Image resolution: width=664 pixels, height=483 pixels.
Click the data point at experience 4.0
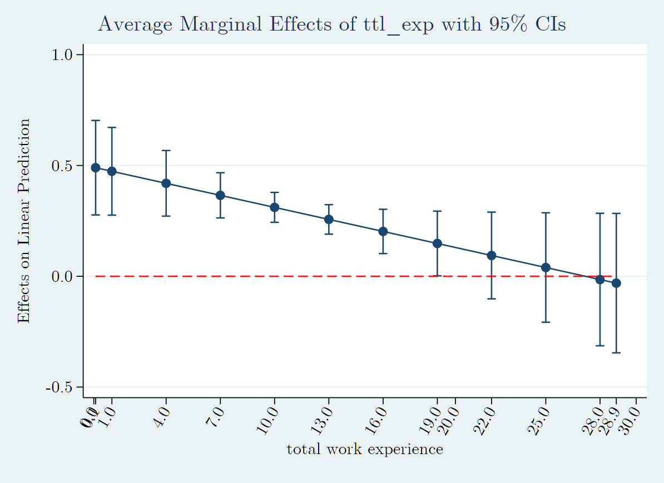tap(166, 183)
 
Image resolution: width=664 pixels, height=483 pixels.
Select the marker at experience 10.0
tap(274, 207)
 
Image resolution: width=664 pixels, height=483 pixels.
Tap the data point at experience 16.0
tap(383, 231)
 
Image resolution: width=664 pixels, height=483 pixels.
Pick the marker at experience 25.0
tap(546, 267)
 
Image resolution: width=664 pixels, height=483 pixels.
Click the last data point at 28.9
tap(616, 283)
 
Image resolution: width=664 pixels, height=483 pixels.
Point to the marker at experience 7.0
tap(220, 195)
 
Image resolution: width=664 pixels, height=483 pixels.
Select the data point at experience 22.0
tap(492, 256)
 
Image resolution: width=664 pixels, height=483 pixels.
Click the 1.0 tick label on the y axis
tap(63, 55)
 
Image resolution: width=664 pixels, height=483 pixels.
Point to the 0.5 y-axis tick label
tap(63, 166)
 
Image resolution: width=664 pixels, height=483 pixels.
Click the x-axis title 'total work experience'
tap(365, 449)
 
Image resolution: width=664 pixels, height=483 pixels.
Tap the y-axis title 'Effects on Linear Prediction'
tap(23, 221)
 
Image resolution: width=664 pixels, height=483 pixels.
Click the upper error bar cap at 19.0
tap(437, 211)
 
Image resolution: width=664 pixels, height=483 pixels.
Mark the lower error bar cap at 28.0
tap(600, 346)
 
